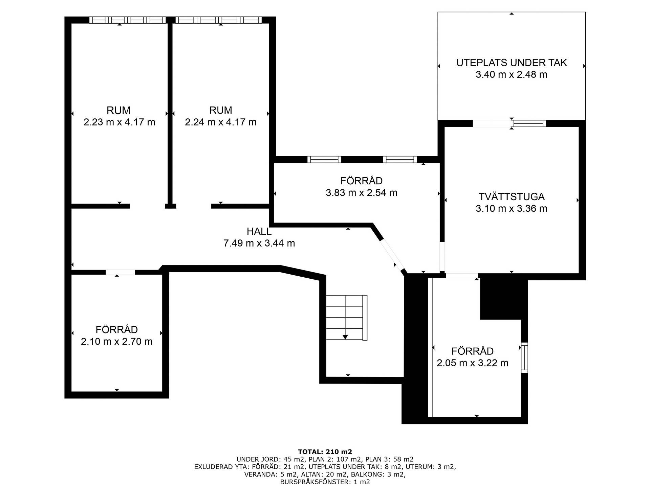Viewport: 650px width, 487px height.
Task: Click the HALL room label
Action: [x=259, y=231]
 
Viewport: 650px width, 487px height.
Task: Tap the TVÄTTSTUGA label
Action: [x=512, y=196]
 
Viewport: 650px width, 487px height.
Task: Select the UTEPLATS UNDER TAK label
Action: [x=512, y=63]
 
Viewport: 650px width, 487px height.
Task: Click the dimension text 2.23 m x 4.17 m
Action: [x=119, y=122]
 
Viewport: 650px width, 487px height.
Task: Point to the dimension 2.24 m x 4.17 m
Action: [x=221, y=122]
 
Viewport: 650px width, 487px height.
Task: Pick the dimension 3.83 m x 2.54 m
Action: [x=362, y=192]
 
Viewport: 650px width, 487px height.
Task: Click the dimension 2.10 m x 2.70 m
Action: [x=117, y=341]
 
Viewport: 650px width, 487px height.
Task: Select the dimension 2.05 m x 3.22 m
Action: [x=473, y=363]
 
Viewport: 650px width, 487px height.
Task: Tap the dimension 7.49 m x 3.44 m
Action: [x=259, y=243]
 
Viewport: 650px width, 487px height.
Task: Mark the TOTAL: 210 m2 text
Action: [x=325, y=451]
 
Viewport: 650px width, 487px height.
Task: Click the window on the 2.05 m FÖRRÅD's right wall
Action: [x=524, y=358]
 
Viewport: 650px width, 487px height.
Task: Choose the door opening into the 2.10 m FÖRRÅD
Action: [x=120, y=272]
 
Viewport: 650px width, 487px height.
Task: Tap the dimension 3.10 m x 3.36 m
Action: [x=512, y=208]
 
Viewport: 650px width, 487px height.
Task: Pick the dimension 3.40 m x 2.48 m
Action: [x=512, y=74]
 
